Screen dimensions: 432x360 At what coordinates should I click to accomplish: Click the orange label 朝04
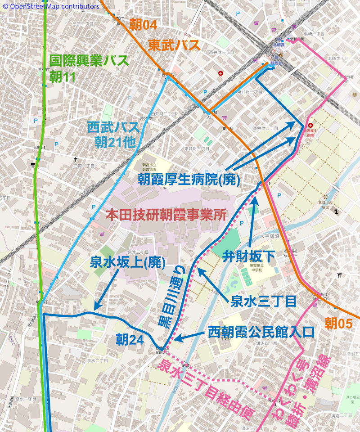pos(143,25)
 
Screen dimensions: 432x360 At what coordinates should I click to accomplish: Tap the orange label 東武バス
pos(174,45)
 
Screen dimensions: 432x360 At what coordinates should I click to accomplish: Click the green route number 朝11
pos(63,77)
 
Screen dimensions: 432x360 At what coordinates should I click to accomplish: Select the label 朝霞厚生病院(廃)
pos(189,179)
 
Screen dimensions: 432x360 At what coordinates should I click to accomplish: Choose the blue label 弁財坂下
pos(249,256)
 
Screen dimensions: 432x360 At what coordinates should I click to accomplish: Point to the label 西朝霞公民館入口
pos(261,333)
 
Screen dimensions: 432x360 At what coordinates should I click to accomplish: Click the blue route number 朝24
pos(130,338)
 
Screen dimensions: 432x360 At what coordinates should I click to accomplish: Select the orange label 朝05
pos(338,323)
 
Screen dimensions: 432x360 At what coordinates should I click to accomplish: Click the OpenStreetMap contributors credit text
pos(50,6)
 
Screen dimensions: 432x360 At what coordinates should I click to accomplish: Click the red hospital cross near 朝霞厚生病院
pos(310,125)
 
